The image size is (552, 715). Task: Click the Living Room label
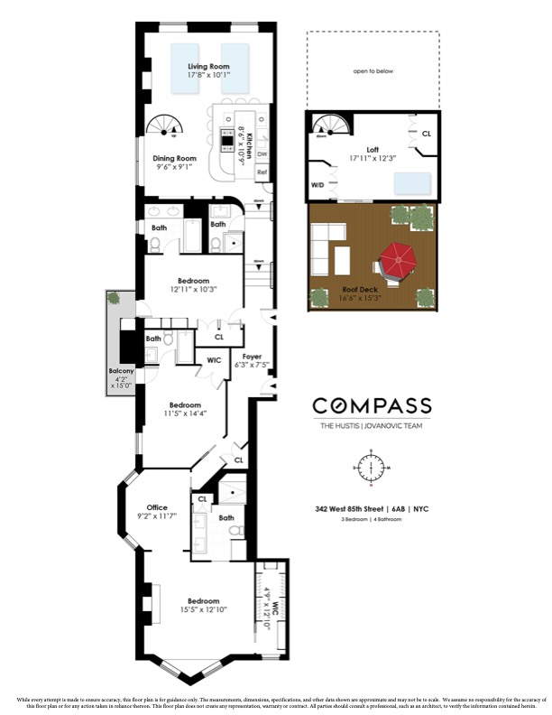[x=208, y=67]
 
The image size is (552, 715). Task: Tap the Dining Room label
[x=174, y=158]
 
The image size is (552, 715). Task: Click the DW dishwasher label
[x=262, y=153]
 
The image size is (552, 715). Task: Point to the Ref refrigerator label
[x=262, y=171]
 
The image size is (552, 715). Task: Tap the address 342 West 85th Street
[x=345, y=509]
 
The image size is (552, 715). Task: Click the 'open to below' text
[x=373, y=70]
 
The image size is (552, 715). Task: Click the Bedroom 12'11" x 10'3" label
[x=193, y=280]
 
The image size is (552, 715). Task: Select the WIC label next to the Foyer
[x=215, y=360]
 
